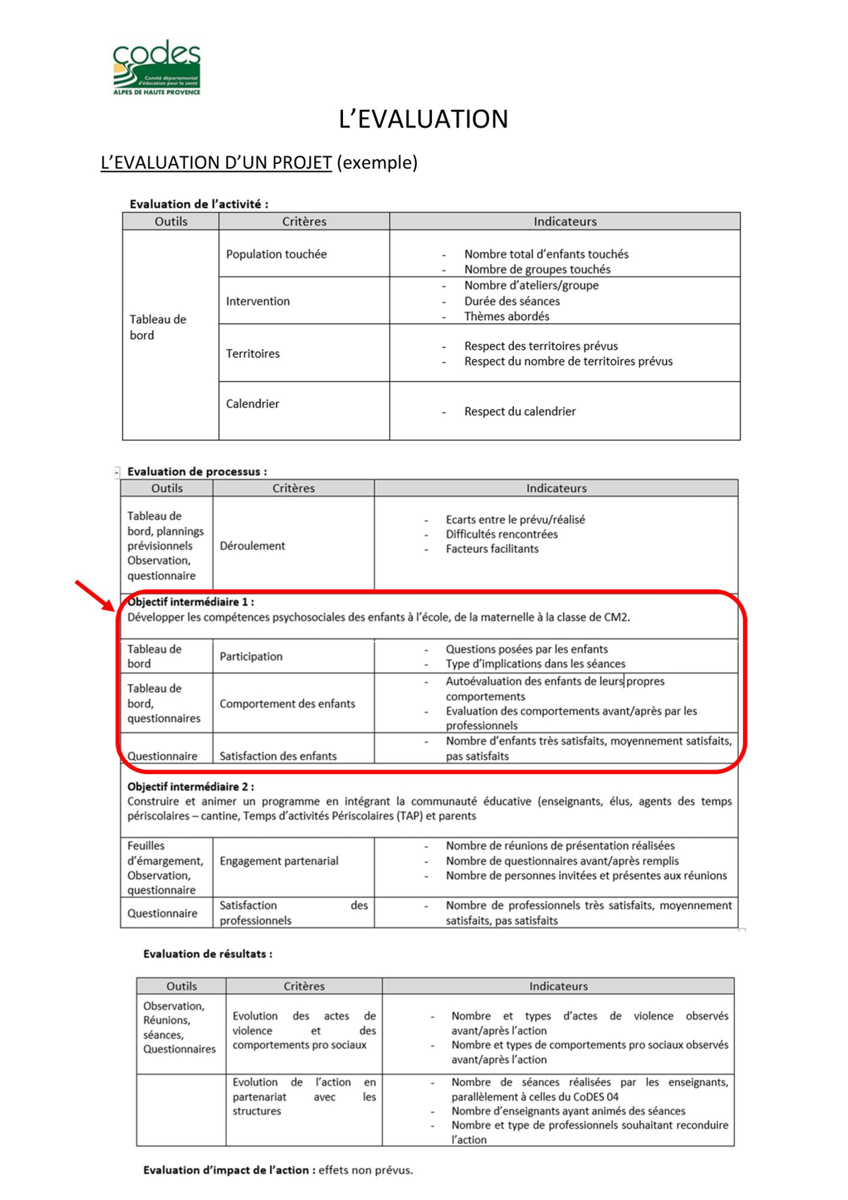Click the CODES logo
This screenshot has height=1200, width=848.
coord(157,67)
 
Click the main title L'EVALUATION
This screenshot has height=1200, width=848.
coord(423,119)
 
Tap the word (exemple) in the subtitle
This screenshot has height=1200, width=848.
coord(377,163)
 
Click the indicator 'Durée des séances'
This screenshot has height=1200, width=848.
coord(512,301)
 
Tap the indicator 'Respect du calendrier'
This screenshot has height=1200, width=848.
coord(519,412)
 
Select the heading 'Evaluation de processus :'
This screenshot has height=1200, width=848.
coord(197,472)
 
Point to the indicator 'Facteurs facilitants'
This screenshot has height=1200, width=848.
coord(492,548)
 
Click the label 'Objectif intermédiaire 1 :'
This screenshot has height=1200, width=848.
coord(191,602)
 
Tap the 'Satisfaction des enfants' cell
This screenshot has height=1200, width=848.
coord(278,756)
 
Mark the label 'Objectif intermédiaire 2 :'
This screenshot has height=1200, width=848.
coord(191,787)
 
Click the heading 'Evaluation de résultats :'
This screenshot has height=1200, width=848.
coord(208,954)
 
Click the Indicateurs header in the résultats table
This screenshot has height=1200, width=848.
coord(558,986)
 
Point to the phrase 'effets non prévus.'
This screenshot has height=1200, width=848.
coord(365,1170)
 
